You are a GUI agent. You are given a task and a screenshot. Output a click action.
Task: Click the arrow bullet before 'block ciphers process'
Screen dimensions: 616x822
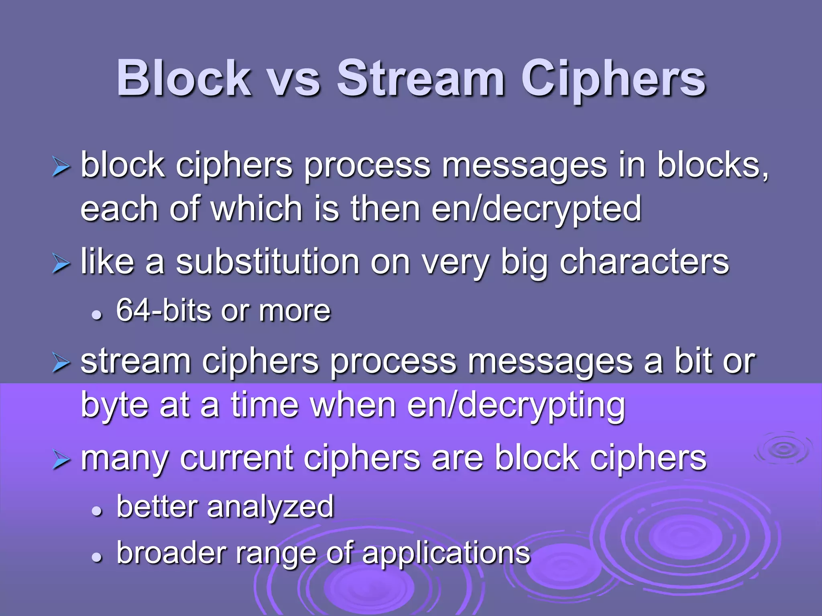[x=61, y=167]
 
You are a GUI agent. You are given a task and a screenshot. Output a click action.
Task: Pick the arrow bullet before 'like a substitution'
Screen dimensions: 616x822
[x=61, y=265]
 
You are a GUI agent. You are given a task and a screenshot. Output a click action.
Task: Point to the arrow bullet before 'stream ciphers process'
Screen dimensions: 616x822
[x=61, y=363]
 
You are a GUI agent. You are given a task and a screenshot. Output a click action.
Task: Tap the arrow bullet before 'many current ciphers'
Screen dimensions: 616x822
[x=61, y=460]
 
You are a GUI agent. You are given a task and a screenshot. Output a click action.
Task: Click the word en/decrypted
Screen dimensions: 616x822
[x=536, y=209]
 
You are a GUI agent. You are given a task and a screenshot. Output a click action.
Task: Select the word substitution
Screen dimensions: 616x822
[x=268, y=262]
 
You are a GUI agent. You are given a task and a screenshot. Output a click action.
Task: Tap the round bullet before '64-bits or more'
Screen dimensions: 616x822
[x=97, y=315]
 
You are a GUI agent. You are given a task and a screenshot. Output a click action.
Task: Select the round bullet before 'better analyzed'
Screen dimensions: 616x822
[x=97, y=511]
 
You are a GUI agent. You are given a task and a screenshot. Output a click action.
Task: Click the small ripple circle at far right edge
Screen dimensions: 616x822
[x=783, y=449]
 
